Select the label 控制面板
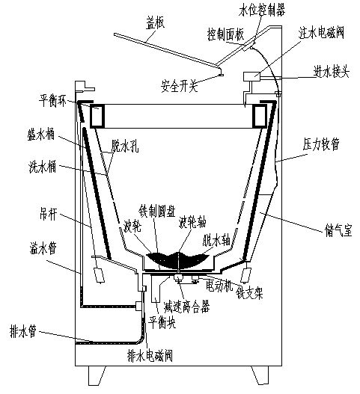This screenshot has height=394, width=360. [x=225, y=34]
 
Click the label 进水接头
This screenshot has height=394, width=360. [x=330, y=71]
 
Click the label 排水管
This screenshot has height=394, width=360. [x=35, y=326]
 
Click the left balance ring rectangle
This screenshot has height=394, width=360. [x=97, y=115]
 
